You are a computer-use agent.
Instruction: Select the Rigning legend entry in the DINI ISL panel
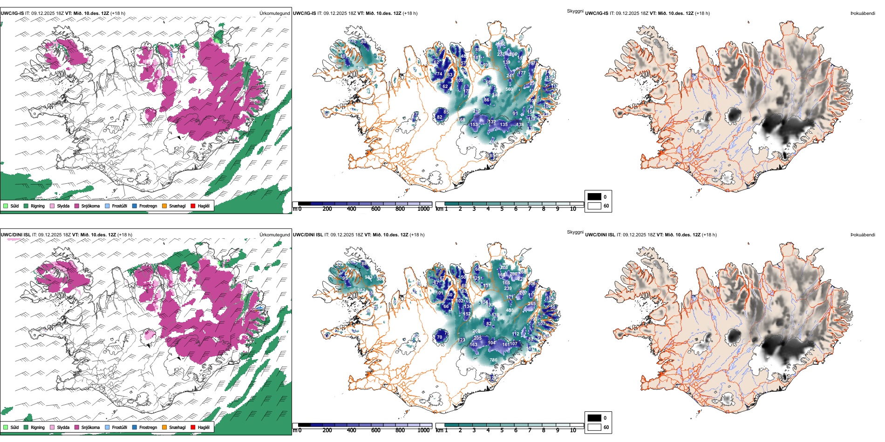pos(26,427)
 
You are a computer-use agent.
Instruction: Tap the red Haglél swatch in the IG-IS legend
pos(193,206)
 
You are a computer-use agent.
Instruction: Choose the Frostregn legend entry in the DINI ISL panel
pos(135,427)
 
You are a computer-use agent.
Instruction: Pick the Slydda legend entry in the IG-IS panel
pos(52,206)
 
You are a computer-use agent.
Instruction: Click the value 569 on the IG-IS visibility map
pos(509,89)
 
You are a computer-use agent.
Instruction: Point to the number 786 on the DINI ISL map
pos(493,360)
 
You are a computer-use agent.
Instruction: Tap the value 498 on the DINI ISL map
pos(510,310)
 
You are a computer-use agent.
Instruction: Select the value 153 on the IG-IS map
pos(474,125)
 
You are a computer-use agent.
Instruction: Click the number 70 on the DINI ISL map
pos(439,337)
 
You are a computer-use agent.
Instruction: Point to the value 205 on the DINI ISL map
pos(477,338)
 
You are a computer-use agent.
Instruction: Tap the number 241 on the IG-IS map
pos(510,75)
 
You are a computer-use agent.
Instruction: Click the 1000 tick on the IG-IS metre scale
pos(423,209)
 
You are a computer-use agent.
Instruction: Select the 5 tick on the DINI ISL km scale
pos(502,430)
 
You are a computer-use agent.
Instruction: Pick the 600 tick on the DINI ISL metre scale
pos(375,430)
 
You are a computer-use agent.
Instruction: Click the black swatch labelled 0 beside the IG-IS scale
pos(594,197)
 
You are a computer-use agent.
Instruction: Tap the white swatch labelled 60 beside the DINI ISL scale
pos(594,427)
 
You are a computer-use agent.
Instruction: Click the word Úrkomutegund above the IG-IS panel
pos(274,13)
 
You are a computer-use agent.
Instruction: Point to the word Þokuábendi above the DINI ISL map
pos(863,234)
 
